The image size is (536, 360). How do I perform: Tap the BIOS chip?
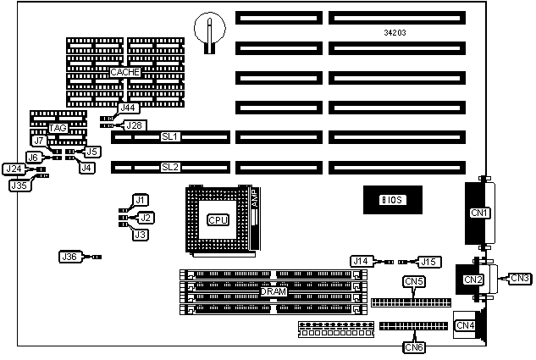click(x=392, y=200)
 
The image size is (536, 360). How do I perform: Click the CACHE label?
click(x=124, y=73)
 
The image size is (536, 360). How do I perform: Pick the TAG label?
click(x=58, y=128)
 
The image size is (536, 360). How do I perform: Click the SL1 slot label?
click(x=169, y=136)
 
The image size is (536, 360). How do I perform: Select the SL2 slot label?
click(x=169, y=167)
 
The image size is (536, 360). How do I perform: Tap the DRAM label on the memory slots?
click(x=273, y=291)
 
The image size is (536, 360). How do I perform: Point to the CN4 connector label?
click(x=465, y=325)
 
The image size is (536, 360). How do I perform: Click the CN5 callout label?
click(x=414, y=281)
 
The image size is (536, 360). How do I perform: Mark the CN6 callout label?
click(x=414, y=346)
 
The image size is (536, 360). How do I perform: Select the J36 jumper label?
click(x=69, y=256)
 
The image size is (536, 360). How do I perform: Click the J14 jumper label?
click(x=362, y=262)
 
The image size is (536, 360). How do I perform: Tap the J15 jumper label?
click(x=431, y=262)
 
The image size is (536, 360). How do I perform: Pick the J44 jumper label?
click(x=127, y=108)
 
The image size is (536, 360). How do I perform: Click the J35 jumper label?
click(x=19, y=185)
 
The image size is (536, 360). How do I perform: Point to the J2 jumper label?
click(x=146, y=218)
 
